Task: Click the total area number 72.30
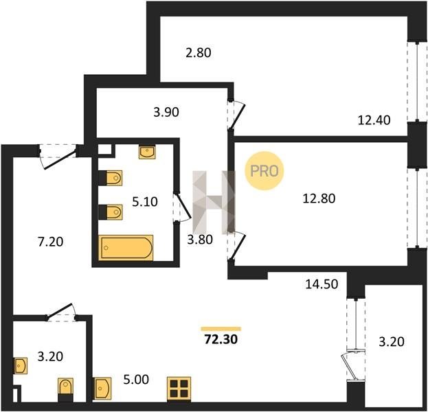click(x=221, y=339)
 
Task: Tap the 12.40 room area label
click(x=374, y=120)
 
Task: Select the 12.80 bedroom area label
click(x=319, y=198)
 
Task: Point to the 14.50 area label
click(x=322, y=284)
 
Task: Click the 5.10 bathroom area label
click(x=145, y=202)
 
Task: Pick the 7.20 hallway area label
click(x=51, y=242)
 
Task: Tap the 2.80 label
click(x=199, y=53)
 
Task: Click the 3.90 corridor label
click(x=166, y=112)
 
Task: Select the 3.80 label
click(x=200, y=240)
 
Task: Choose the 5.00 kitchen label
click(x=136, y=380)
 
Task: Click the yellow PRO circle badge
click(x=264, y=171)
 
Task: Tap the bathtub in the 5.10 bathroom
click(x=126, y=247)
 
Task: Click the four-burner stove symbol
click(x=179, y=389)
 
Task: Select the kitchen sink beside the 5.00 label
click(x=102, y=388)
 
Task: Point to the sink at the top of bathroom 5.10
click(x=147, y=152)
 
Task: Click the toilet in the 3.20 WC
click(x=65, y=387)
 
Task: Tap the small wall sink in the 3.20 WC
click(x=21, y=365)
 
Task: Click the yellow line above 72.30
click(x=221, y=329)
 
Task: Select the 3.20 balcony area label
click(x=392, y=341)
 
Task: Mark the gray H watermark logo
click(x=214, y=203)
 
